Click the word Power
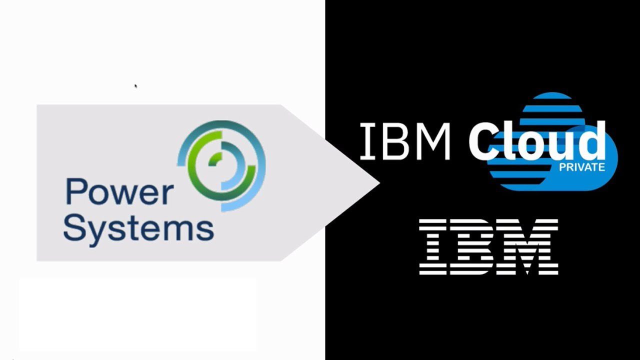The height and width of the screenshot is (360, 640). tap(119, 191)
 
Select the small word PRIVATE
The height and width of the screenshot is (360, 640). tap(582, 167)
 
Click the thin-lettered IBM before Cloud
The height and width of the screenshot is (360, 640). tap(405, 141)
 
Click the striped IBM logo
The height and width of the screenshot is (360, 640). tap(488, 247)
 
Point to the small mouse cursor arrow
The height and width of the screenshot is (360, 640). tap(136, 86)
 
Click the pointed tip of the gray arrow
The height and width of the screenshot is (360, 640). tap(379, 183)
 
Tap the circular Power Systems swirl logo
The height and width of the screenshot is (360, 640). tap(221, 166)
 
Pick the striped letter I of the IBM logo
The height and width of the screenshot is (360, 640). tap(433, 247)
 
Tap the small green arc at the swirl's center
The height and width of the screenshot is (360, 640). tap(215, 158)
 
